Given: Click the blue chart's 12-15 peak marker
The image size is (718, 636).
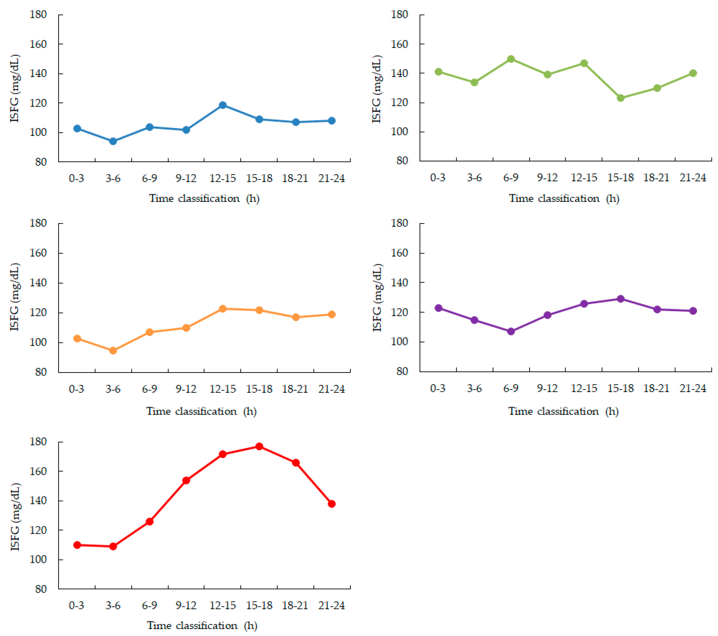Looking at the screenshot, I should coord(223,105).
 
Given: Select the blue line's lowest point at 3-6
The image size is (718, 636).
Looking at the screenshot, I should coord(113,141).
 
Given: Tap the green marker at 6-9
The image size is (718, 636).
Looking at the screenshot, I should coord(511,59).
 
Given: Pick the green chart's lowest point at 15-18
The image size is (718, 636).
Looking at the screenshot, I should coord(621,98).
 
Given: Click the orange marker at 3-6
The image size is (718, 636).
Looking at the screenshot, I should coord(113,350).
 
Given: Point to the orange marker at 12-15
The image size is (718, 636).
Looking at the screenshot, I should coord(223,309).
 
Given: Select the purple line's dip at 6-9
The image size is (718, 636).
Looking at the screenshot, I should coord(511,331).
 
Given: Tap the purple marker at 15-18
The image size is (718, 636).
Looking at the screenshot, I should coord(621,299).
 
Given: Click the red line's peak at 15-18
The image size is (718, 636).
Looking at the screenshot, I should coord(259,446).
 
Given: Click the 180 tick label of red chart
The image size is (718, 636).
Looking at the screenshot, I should coord(38,442).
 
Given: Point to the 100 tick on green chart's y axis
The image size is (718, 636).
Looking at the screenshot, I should coord(399,132).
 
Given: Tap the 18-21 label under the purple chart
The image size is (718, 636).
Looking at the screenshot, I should coord(656,388).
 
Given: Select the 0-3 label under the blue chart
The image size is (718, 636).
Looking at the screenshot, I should coord(77,178).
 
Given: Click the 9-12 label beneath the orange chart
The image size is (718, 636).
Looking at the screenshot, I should coord(186,389).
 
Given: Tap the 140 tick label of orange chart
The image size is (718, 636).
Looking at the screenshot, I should coord(38,283).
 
